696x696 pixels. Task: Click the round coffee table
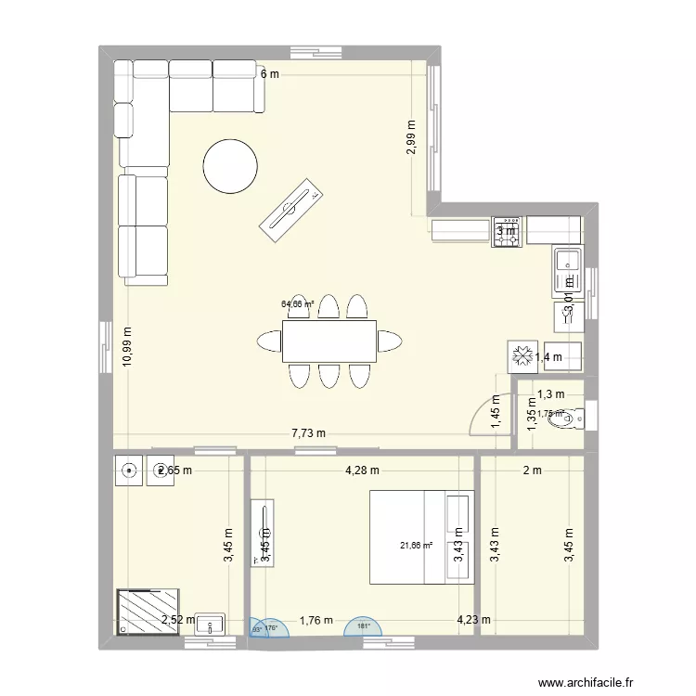[x=230, y=166]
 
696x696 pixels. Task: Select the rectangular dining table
[x=329, y=341]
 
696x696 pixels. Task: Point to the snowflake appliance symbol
[x=521, y=354]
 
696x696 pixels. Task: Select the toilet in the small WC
[x=563, y=420]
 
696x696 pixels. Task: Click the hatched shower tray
[x=148, y=612]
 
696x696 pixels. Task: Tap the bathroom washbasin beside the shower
[x=211, y=623]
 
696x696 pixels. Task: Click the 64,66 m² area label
[x=298, y=303]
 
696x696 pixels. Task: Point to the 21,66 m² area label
[x=417, y=546]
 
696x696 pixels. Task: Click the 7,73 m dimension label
[x=309, y=433]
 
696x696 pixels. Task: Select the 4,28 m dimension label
[x=361, y=470]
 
